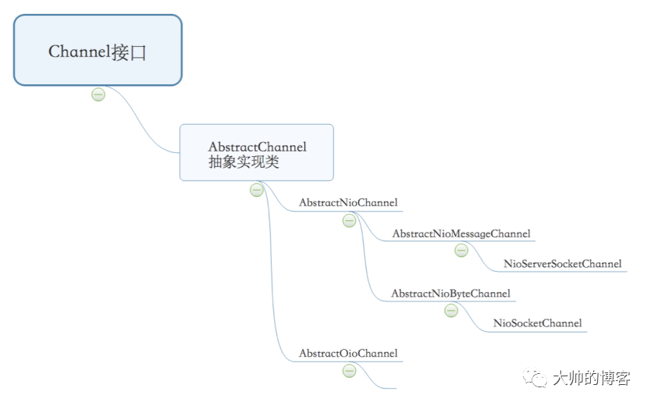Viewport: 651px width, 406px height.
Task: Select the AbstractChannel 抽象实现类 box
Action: (256, 152)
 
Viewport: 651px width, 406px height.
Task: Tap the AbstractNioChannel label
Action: (348, 203)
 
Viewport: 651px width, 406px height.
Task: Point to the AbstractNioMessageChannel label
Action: (461, 233)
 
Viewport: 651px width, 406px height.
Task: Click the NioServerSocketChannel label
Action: (562, 264)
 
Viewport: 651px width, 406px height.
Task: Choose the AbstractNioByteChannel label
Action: (450, 294)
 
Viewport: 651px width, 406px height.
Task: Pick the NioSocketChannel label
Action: (537, 323)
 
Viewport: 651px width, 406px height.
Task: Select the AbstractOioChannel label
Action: (348, 354)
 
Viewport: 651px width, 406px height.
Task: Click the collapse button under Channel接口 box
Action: (98, 94)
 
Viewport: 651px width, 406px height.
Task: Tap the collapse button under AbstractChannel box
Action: (257, 191)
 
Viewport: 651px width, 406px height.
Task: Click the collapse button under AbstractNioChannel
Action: (349, 221)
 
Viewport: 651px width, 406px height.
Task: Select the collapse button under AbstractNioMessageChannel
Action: (461, 251)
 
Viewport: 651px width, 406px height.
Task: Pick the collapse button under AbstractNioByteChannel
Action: (450, 311)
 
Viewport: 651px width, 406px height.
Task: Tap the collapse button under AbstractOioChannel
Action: (349, 371)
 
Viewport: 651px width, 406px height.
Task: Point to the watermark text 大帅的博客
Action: (591, 379)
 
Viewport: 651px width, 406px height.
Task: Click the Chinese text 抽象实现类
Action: (244, 162)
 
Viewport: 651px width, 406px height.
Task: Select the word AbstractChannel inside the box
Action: (257, 147)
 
